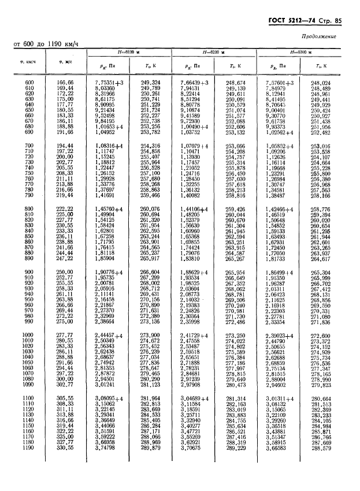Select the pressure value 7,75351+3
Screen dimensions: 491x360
coord(110,83)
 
